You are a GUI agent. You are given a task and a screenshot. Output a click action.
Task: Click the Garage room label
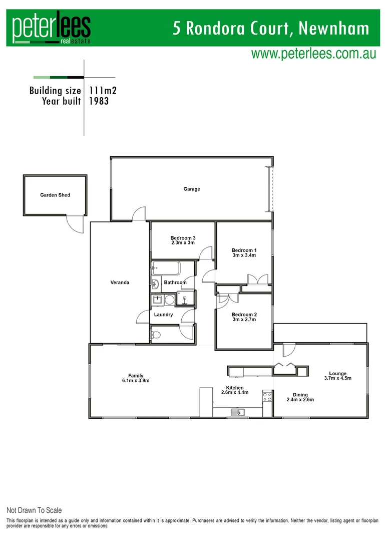click(192, 189)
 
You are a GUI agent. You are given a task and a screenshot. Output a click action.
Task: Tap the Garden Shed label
click(55, 195)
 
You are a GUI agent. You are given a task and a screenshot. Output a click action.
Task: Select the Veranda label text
click(120, 283)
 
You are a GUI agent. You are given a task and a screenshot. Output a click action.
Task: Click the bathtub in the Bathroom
click(166, 268)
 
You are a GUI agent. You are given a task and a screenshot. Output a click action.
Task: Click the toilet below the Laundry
click(156, 335)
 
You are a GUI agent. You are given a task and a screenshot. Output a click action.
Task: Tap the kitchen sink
click(238, 413)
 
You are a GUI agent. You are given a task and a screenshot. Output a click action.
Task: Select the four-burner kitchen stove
click(267, 398)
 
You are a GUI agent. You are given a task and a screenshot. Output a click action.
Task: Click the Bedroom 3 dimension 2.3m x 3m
click(182, 243)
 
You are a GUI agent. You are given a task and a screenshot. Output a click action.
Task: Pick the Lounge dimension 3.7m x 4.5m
click(338, 378)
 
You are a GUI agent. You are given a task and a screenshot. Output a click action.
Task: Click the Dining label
click(300, 395)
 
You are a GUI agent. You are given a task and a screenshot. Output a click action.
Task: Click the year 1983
click(99, 101)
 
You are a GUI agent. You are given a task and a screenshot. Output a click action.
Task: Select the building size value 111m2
click(103, 91)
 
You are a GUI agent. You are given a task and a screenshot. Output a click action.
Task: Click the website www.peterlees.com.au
click(313, 54)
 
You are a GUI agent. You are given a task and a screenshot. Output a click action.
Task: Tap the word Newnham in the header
click(333, 28)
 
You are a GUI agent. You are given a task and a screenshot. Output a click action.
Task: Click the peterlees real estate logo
click(52, 29)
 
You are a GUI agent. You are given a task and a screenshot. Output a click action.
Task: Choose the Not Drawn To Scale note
click(34, 510)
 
